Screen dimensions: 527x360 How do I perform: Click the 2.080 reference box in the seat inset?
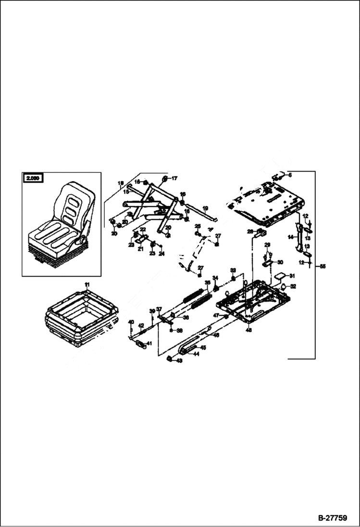coord(33,178)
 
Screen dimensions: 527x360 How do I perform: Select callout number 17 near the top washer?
coord(174,178)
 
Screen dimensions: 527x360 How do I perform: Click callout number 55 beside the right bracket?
coord(323,266)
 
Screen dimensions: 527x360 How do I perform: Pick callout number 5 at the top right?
coord(290,175)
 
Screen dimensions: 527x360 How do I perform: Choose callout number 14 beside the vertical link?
coord(290,237)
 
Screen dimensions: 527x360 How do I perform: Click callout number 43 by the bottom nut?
coord(179,360)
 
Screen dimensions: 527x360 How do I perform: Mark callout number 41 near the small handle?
coord(149,343)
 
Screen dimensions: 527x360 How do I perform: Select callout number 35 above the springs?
coord(208,283)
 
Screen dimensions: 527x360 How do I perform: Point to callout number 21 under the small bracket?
coord(140,249)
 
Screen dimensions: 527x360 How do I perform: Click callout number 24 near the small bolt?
coord(161,253)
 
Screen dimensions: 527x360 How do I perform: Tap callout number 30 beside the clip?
coord(280,262)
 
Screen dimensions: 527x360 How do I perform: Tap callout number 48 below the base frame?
coord(248,331)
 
